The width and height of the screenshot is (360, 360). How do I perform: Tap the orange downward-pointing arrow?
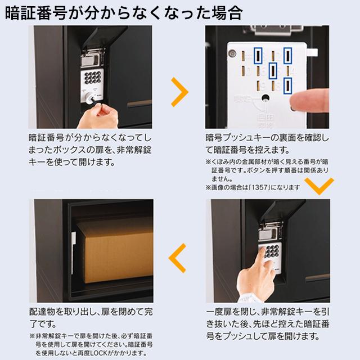point(318,185)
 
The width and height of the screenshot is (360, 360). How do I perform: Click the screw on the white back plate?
point(230,54)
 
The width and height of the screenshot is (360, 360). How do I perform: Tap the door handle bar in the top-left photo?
point(141,103)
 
